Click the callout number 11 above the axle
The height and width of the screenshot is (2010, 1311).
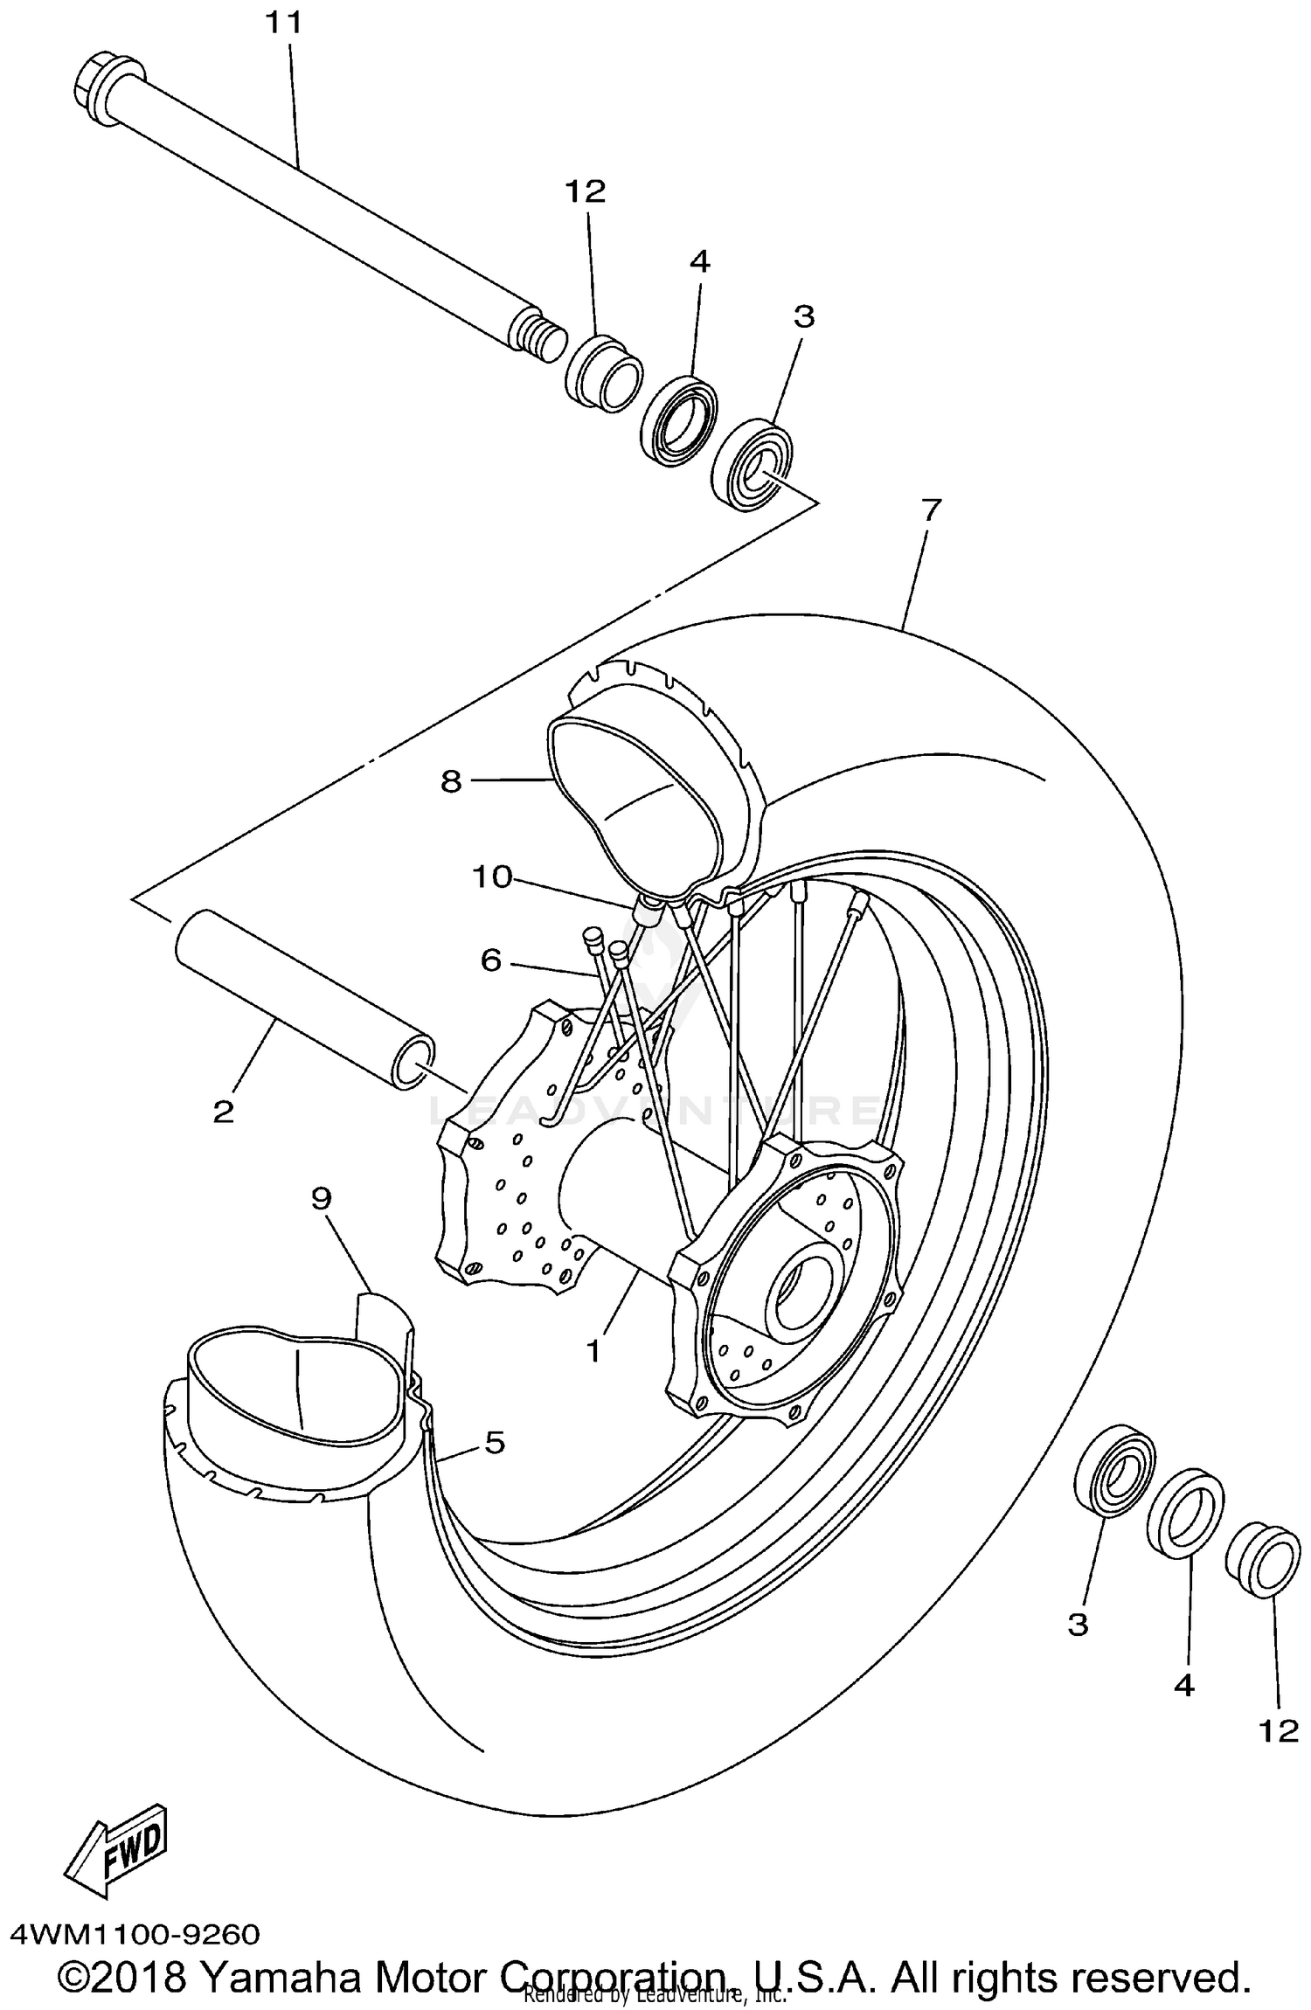(x=283, y=24)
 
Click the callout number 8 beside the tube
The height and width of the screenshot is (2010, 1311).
(x=450, y=780)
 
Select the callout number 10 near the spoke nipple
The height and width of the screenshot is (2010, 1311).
(x=491, y=876)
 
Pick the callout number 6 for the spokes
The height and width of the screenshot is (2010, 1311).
(x=490, y=960)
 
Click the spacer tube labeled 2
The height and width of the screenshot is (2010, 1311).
(x=306, y=1000)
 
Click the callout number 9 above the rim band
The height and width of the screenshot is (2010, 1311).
(x=321, y=1198)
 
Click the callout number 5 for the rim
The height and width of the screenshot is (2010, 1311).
(x=495, y=1442)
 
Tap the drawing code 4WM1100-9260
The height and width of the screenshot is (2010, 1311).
(x=135, y=1934)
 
